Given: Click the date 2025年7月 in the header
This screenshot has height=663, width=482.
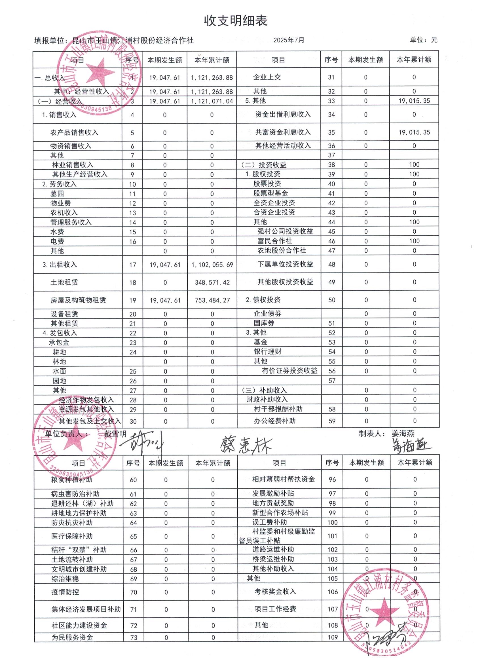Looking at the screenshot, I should tap(289, 40).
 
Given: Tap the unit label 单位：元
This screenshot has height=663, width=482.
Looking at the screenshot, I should tap(423, 40).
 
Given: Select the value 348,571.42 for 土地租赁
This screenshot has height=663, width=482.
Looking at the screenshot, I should tap(212, 282).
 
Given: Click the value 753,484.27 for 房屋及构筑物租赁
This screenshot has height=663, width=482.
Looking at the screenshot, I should tap(212, 300).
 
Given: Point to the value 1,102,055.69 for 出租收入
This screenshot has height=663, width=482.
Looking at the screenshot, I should tap(212, 265).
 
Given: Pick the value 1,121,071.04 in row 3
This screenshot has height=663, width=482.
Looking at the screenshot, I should tap(212, 101).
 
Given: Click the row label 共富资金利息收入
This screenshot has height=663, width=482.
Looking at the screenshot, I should tap(283, 132).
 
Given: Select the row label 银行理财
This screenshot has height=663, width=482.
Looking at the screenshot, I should tap(267, 351).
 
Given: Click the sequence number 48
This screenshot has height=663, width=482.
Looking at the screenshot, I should tap(331, 264).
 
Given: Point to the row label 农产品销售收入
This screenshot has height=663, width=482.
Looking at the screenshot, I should tap(74, 133).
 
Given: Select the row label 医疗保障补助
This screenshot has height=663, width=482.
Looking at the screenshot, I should tap(72, 536).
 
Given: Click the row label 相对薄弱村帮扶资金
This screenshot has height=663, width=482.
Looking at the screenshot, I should tap(284, 479).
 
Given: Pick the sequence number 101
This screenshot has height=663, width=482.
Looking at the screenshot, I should tap(332, 536).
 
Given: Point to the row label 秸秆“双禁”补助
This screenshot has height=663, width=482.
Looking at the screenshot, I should tap(79, 550).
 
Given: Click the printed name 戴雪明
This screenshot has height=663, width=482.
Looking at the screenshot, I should tap(115, 434).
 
